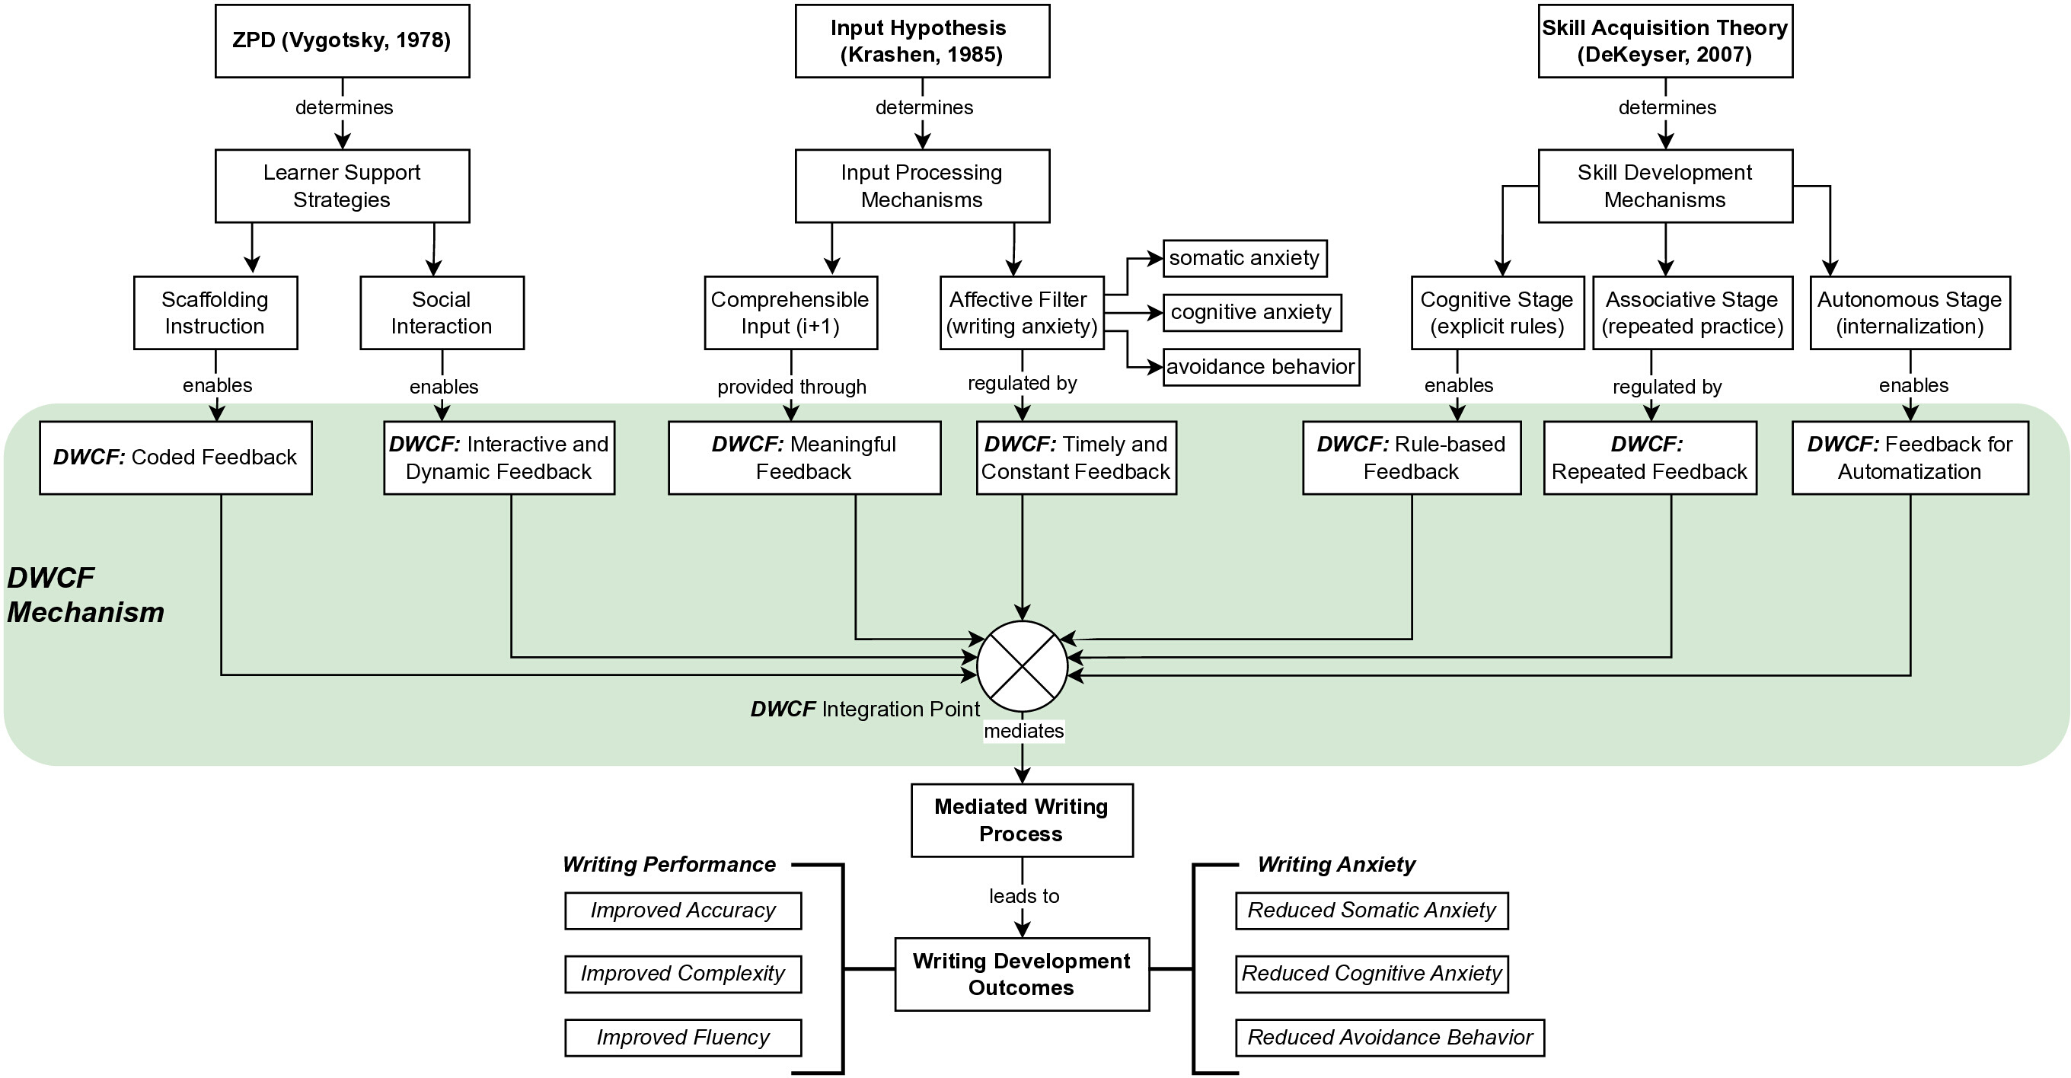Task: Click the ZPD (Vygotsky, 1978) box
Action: pyautogui.click(x=343, y=41)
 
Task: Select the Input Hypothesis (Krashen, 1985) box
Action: pyautogui.click(x=922, y=41)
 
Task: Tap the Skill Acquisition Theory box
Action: pyautogui.click(x=1665, y=41)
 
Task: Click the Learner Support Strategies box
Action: pyautogui.click(x=343, y=186)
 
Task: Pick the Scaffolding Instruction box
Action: pyautogui.click(x=215, y=313)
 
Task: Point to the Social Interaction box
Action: pyautogui.click(x=442, y=313)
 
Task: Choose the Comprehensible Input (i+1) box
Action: pyautogui.click(x=791, y=313)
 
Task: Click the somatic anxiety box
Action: pyautogui.click(x=1245, y=258)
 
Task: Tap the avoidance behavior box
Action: pyautogui.click(x=1262, y=368)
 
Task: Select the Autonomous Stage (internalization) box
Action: pyautogui.click(x=1910, y=313)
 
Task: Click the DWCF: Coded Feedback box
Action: pyautogui.click(x=176, y=458)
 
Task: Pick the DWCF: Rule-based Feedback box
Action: pyautogui.click(x=1412, y=458)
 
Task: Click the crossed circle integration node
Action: pyautogui.click(x=1022, y=666)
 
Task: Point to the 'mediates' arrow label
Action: pyautogui.click(x=1023, y=731)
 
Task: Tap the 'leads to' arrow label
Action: pyautogui.click(x=1024, y=895)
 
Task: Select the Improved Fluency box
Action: pyautogui.click(x=684, y=1038)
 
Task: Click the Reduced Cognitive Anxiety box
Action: pyautogui.click(x=1371, y=974)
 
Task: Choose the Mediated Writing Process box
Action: pyautogui.click(x=1022, y=820)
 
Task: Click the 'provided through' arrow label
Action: pyautogui.click(x=792, y=387)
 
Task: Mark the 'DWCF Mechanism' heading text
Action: pyautogui.click(x=85, y=595)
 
